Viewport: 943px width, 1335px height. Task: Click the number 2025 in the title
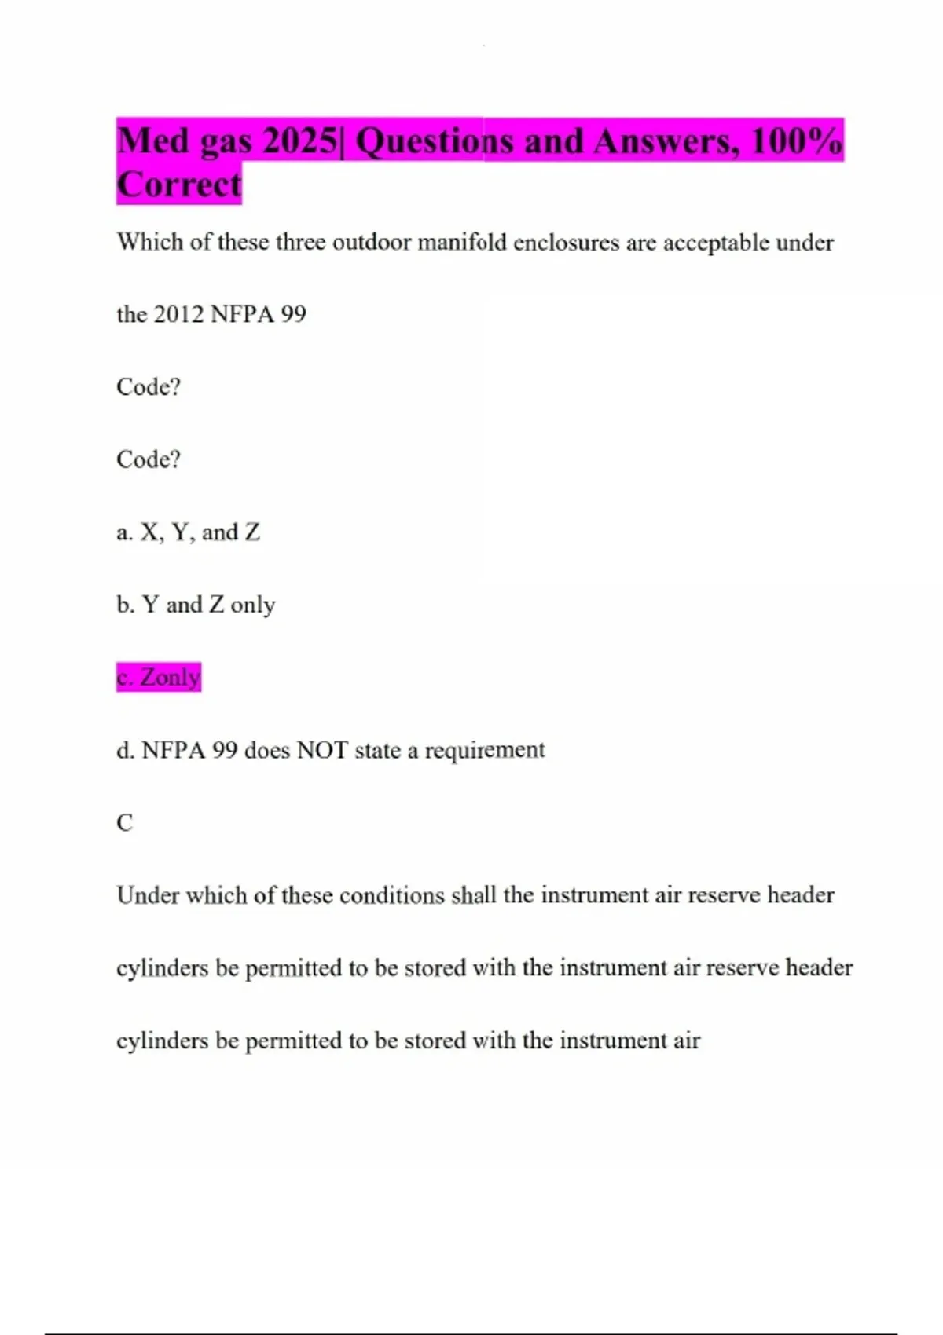click(299, 141)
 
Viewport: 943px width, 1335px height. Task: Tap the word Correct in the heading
click(179, 185)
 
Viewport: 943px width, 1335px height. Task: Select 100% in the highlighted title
click(796, 141)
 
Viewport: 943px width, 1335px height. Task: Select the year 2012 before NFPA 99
click(178, 314)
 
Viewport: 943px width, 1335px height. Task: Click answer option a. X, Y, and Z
click(188, 532)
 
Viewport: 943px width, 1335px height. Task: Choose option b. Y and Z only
click(196, 605)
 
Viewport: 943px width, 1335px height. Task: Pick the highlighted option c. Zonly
click(159, 677)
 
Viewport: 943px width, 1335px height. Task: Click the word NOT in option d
click(322, 750)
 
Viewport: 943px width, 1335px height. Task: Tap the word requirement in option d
click(485, 750)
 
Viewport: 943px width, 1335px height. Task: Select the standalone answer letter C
click(125, 822)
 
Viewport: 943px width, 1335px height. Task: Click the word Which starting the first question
click(150, 242)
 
